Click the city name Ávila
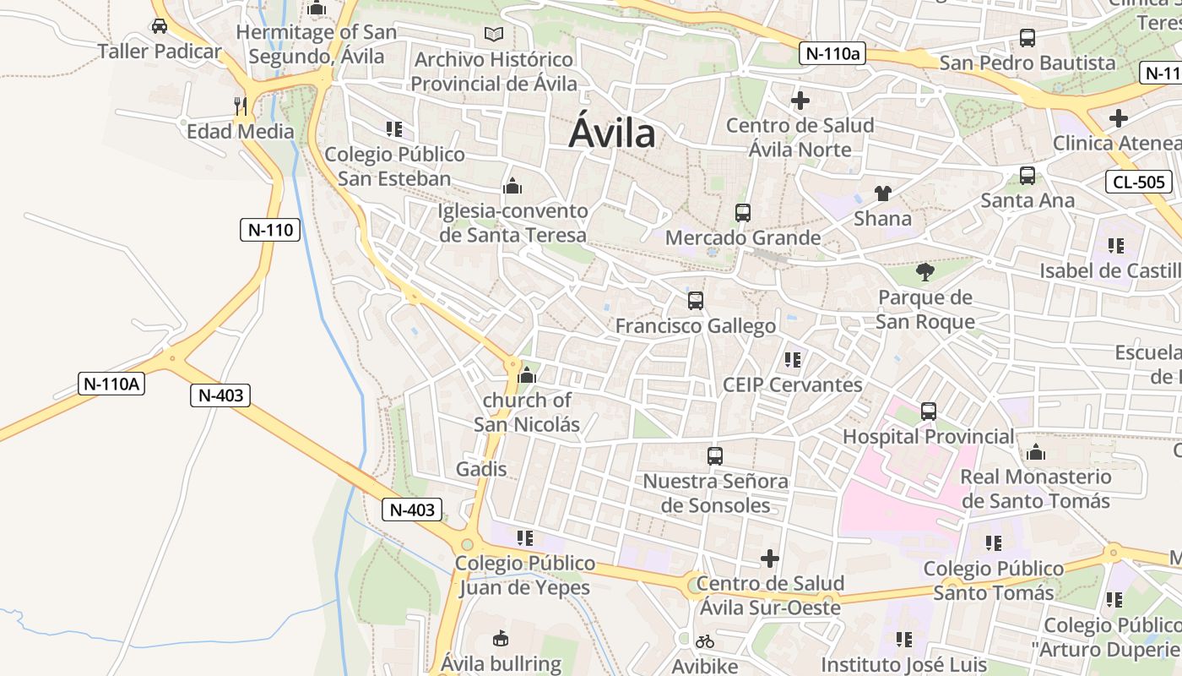click(x=612, y=134)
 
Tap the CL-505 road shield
click(x=1139, y=181)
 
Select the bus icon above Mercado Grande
click(x=743, y=213)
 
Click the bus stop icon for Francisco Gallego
click(x=696, y=301)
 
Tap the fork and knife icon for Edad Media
click(x=241, y=106)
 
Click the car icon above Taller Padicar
click(x=160, y=26)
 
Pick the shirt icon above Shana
click(x=883, y=194)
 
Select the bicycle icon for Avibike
click(x=705, y=641)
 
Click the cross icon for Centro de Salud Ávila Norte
click(x=800, y=101)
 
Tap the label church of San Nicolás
click(x=527, y=412)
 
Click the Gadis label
click(x=481, y=468)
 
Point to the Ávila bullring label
click(x=501, y=663)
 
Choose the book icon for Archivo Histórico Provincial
click(x=494, y=35)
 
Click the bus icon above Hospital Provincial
click(x=929, y=412)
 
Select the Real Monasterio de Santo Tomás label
click(x=1036, y=488)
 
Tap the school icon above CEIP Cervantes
click(x=792, y=360)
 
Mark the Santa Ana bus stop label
click(x=1027, y=200)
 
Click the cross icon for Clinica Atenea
click(x=1119, y=118)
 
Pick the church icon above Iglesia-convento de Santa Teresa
click(x=512, y=186)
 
